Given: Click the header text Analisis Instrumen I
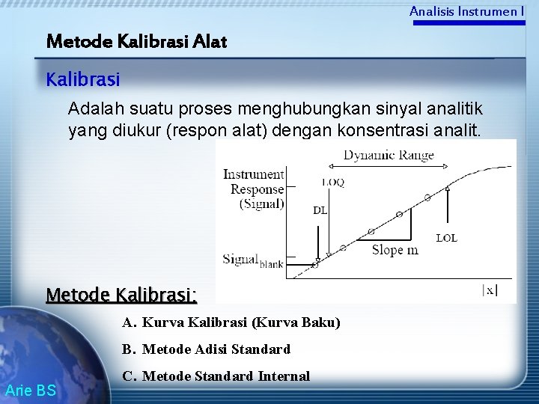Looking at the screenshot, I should click(x=466, y=11).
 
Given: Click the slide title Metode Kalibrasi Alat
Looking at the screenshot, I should click(x=136, y=41).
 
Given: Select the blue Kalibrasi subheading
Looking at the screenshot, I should click(x=83, y=78).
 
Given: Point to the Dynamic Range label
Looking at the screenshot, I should click(x=388, y=156).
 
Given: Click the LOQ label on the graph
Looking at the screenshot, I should click(x=332, y=181).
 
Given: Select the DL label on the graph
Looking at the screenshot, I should click(x=320, y=210).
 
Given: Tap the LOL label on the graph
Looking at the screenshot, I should click(x=446, y=238).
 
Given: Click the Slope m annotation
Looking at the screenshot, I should click(x=395, y=250).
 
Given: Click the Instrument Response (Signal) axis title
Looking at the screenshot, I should click(x=254, y=189).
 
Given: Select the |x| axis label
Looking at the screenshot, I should click(x=489, y=290).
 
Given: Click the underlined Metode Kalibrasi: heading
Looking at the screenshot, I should click(x=121, y=295).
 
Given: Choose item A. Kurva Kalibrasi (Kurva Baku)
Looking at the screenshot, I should click(x=231, y=322).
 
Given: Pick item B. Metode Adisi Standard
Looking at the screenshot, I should click(x=206, y=349).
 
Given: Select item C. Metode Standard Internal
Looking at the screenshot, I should click(x=216, y=376).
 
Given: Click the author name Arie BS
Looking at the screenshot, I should click(x=30, y=389).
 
